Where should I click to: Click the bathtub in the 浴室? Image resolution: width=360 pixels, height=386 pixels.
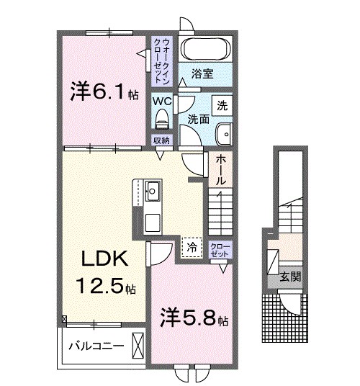click(x=204, y=50)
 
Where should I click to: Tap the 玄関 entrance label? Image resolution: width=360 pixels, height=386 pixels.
click(x=290, y=276)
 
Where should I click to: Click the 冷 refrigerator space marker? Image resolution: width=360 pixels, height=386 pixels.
click(x=192, y=246)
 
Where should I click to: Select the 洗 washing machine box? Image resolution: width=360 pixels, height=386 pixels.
click(x=223, y=105)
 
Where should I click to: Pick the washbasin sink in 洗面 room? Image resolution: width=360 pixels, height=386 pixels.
click(x=225, y=133)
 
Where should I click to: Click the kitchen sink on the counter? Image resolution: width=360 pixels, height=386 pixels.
click(x=153, y=192)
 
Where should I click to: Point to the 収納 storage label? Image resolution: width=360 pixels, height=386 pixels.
click(x=161, y=140)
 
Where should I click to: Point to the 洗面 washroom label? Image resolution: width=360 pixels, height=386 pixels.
click(x=198, y=117)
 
